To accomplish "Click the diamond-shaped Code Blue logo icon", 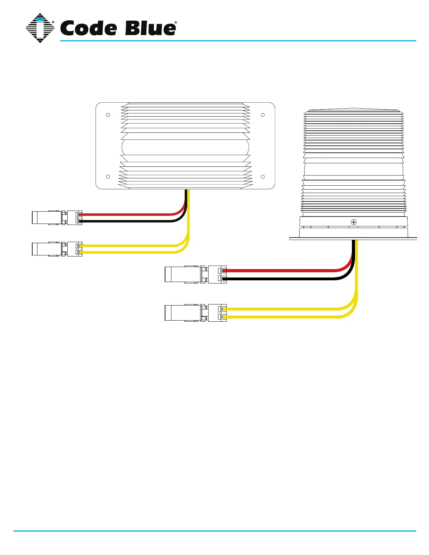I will click(40, 28).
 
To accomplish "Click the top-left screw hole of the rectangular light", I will click(108, 115).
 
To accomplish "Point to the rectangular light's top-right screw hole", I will click(263, 115).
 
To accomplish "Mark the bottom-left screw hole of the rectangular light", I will click(108, 177).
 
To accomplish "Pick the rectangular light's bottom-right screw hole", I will click(263, 177).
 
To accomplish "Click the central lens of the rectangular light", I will click(185, 147).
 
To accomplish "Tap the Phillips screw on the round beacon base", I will click(354, 222).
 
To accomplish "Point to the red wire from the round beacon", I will click(280, 270).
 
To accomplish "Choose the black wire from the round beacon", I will click(280, 279).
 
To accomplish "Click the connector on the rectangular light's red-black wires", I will click(57, 218).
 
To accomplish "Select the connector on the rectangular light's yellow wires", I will click(57, 249).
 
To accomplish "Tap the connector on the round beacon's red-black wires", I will click(196, 274).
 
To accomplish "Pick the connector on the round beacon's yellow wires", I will click(196, 313).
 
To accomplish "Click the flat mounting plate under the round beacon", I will click(353, 239).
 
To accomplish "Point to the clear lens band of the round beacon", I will click(354, 169).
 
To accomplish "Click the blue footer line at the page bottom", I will click(214, 531).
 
